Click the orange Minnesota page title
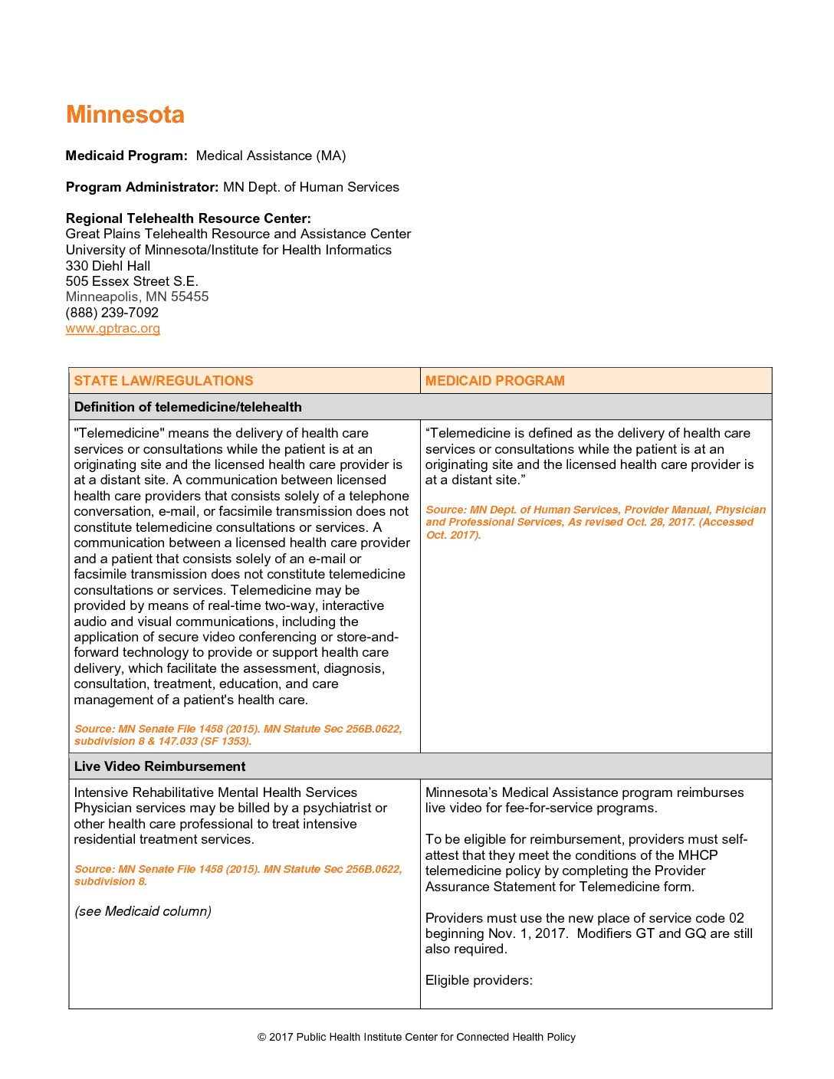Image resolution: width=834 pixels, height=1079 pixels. coord(125,115)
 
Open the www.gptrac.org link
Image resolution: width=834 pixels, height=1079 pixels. coord(113,329)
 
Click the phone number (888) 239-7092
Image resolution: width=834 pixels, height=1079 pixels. coord(112,313)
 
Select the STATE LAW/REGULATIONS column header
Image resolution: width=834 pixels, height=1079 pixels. coord(163,381)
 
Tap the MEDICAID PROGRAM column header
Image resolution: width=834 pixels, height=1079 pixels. coord(494,381)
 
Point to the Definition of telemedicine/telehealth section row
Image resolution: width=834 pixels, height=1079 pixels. coord(188,407)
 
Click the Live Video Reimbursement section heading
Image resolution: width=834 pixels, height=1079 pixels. coord(159,766)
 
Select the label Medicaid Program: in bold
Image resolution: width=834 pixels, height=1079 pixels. coord(126,156)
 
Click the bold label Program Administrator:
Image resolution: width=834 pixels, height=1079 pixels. coord(142,187)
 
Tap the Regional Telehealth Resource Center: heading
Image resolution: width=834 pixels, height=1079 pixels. coord(188,218)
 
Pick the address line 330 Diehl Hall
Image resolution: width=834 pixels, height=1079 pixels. coord(108,266)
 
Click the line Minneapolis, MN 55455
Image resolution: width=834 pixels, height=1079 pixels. coord(137,297)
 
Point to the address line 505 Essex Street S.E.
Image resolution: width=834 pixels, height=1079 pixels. coord(132,281)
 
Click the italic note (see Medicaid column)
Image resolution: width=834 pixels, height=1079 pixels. coord(143,911)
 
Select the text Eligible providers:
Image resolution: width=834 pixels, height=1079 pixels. coord(478,980)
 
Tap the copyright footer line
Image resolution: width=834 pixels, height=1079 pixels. coord(416,1037)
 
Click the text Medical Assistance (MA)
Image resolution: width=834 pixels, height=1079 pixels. coord(271,156)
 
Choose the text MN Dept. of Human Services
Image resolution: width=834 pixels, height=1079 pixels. coord(310,187)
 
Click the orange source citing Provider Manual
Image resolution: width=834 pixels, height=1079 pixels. coord(595,522)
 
